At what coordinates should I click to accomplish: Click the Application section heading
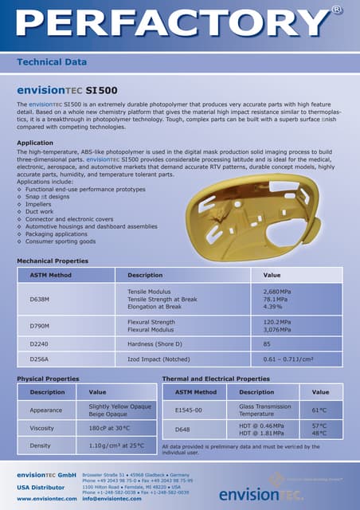pyautogui.click(x=35, y=143)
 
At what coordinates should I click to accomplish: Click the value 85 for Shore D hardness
pyautogui.click(x=267, y=344)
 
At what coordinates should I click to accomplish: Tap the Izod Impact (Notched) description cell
pyautogui.click(x=160, y=359)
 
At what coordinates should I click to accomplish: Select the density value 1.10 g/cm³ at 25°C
pyautogui.click(x=116, y=445)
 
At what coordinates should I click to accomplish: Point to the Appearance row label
pyautogui.click(x=46, y=410)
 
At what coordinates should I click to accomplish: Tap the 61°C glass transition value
pyautogui.click(x=319, y=410)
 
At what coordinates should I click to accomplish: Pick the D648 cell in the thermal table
pyautogui.click(x=182, y=430)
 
